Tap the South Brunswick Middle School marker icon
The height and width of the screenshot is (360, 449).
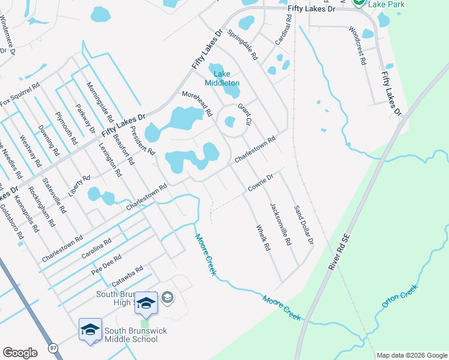pyautogui.click(x=90, y=330)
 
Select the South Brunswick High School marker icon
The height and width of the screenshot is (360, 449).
pyautogui.click(x=146, y=302)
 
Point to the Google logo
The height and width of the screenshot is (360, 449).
pyautogui.click(x=20, y=353)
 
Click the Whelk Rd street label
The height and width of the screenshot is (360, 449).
pyautogui.click(x=264, y=238)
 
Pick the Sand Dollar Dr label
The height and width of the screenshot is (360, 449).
pyautogui.click(x=303, y=225)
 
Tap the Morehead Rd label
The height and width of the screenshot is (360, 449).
pyautogui.click(x=197, y=103)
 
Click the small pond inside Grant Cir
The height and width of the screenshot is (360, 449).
pyautogui.click(x=230, y=122)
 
